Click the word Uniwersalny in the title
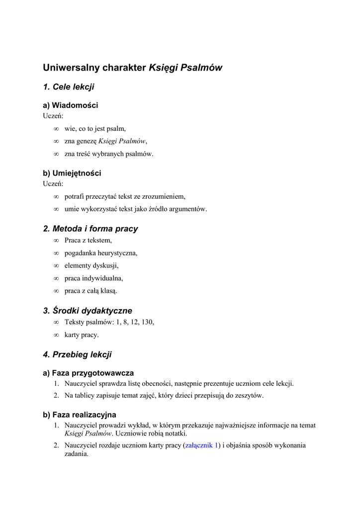[70, 68]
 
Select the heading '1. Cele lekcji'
[69, 87]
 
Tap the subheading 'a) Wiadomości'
[71, 105]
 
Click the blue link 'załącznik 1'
[202, 445]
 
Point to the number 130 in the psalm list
[147, 322]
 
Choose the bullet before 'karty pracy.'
[56, 335]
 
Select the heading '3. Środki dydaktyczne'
[88, 311]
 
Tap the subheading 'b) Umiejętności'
[72, 173]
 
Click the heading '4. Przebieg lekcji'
[78, 355]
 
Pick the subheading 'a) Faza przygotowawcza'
[89, 373]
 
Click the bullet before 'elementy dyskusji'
[56, 265]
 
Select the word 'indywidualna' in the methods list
[103, 278]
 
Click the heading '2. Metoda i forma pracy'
[90, 229]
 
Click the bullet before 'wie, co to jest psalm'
[56, 129]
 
